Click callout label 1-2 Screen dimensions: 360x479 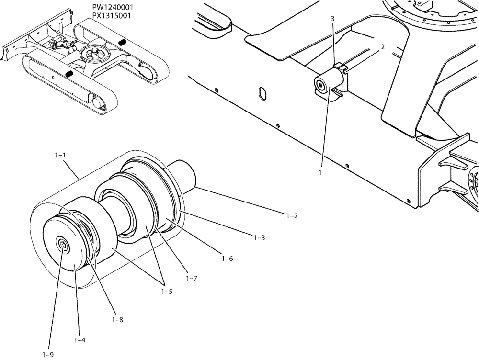pos(292,216)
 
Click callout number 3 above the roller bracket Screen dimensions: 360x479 pos(332,18)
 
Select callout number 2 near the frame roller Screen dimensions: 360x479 pos(383,47)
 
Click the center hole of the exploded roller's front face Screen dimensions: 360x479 pos(62,245)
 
